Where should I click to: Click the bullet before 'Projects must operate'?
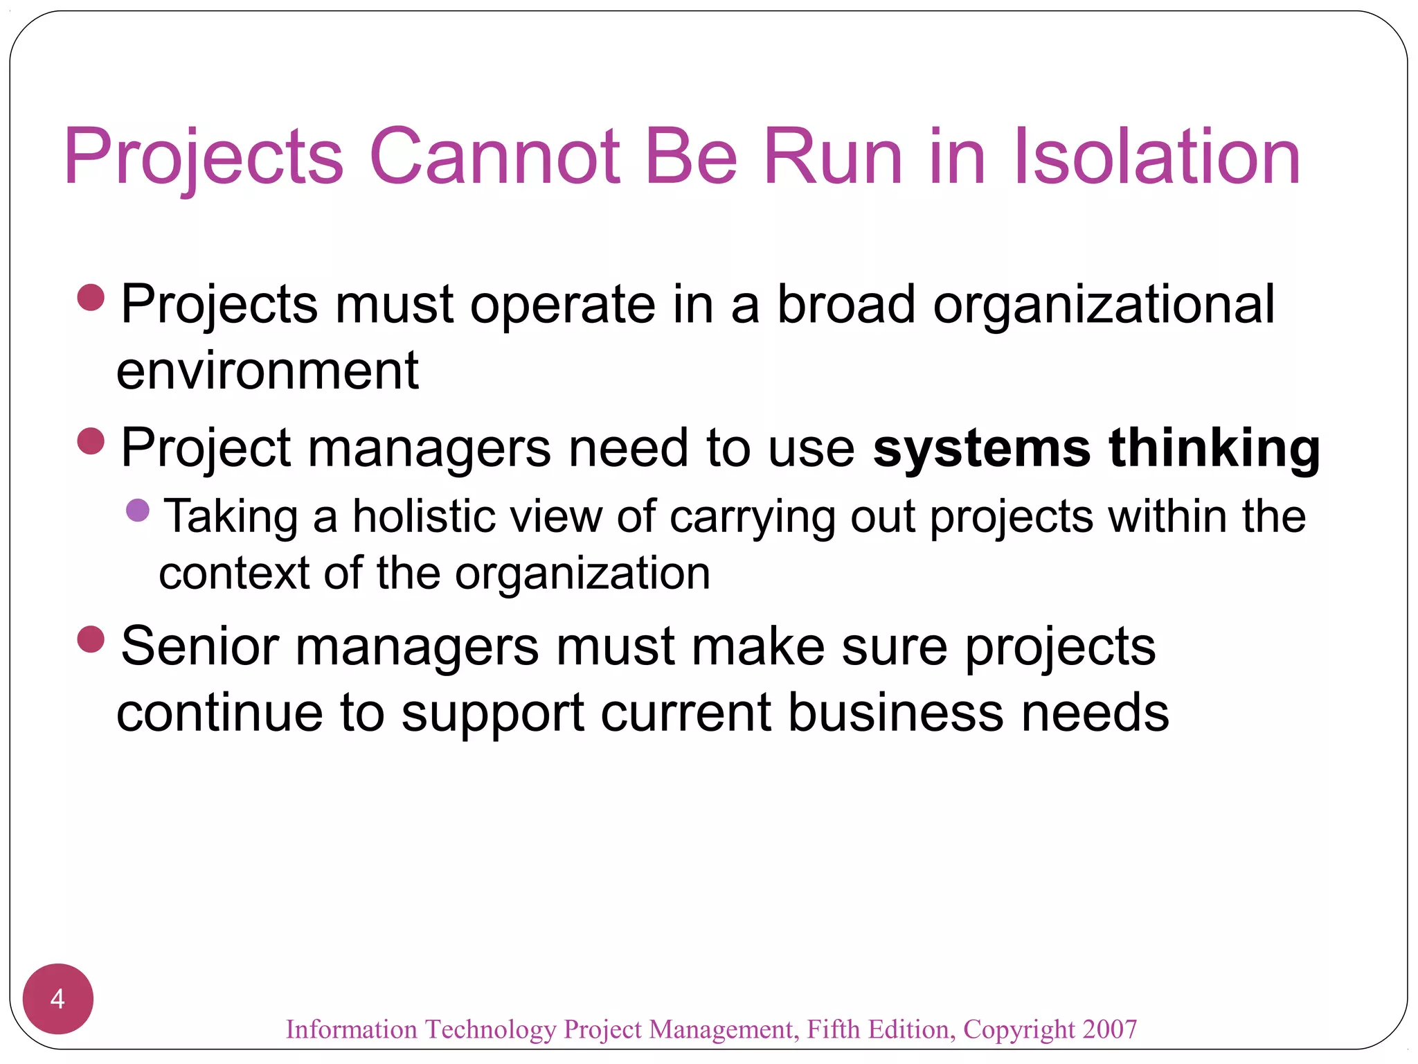pos(91,298)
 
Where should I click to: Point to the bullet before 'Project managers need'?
pos(91,441)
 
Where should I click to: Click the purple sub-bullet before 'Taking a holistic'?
pos(138,511)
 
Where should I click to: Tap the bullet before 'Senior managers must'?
pos(91,639)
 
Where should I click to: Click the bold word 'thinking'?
pos(1214,448)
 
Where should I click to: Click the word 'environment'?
pos(267,371)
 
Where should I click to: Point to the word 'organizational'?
pos(1104,305)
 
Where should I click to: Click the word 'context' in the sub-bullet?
pos(234,574)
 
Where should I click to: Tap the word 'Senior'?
pos(200,646)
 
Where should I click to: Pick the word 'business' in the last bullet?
pos(896,713)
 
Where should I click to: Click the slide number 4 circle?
pos(58,998)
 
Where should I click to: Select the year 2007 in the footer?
pos(1110,1029)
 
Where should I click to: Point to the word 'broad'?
pos(846,305)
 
